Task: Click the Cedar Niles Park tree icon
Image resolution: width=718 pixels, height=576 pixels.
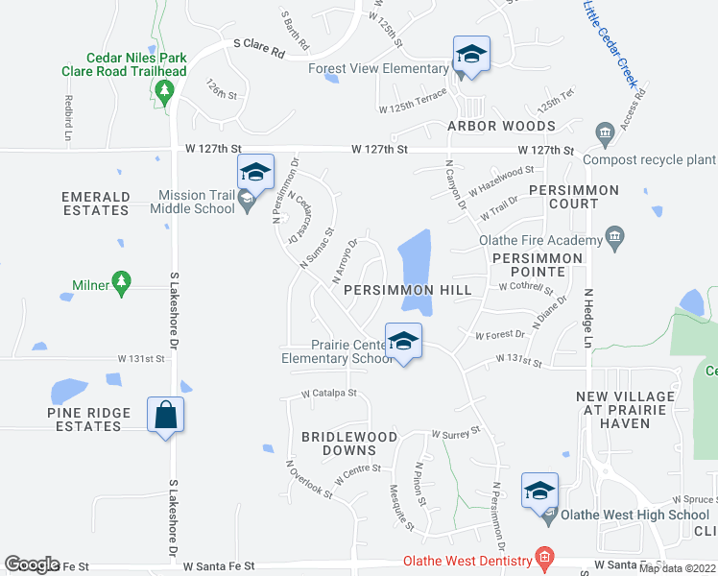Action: pyautogui.click(x=164, y=90)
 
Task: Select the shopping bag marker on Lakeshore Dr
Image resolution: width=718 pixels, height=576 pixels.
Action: pyautogui.click(x=166, y=415)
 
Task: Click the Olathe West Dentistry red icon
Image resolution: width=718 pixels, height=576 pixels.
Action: pyautogui.click(x=545, y=558)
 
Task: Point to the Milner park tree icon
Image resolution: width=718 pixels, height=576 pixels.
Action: pyautogui.click(x=120, y=282)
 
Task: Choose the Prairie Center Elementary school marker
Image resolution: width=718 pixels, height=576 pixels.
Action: pyautogui.click(x=404, y=341)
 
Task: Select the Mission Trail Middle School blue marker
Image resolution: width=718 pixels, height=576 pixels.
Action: pyautogui.click(x=255, y=172)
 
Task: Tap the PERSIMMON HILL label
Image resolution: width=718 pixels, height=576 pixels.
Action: pyautogui.click(x=407, y=289)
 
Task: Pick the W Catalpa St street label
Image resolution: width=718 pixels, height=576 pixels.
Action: pyautogui.click(x=329, y=393)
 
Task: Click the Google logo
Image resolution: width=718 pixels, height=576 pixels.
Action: pyautogui.click(x=32, y=564)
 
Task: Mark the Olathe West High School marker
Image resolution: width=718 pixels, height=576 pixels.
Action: pyautogui.click(x=539, y=491)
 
